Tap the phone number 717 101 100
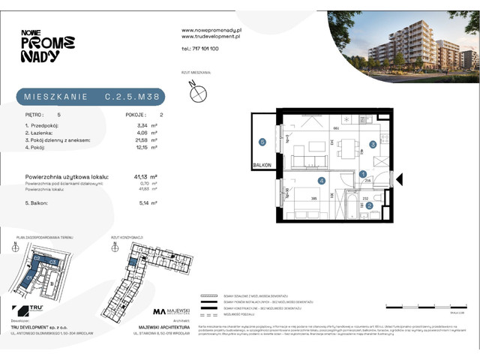[200, 49]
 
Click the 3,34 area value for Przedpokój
[145, 126]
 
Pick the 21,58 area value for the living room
[145, 139]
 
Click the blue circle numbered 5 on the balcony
[262, 141]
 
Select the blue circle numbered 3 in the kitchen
[373, 145]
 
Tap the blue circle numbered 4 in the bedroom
[321, 181]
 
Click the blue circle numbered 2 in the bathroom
[368, 205]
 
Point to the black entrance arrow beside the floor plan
[399, 178]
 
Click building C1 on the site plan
[31, 275]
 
